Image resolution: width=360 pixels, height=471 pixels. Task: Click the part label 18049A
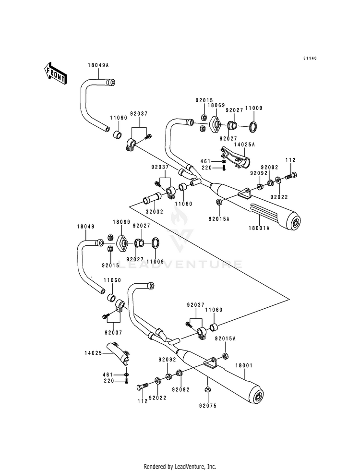(98, 65)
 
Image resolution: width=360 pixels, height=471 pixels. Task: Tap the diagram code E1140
(310, 58)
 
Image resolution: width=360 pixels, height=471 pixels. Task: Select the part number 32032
(155, 212)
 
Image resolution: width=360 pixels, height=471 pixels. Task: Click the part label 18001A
(259, 228)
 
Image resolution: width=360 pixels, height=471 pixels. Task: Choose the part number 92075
(207, 406)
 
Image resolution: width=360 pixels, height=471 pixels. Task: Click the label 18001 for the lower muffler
(244, 365)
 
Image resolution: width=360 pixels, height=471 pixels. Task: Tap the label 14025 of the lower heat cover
(94, 353)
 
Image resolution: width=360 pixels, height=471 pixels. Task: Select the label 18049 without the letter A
(85, 227)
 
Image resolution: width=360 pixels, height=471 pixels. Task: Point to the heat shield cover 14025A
(235, 157)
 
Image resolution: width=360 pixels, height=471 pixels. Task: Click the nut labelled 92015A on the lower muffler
(225, 356)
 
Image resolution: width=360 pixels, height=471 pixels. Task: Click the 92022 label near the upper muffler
(279, 197)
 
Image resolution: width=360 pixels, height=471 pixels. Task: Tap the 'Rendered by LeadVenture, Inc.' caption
(180, 466)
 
